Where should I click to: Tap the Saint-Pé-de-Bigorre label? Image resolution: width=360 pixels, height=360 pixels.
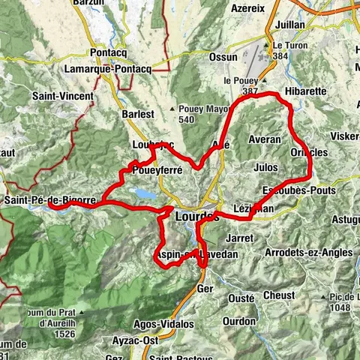coord(49,200)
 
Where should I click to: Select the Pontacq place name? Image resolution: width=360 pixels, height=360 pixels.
coord(111,53)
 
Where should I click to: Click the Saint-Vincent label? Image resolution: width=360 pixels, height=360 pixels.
coord(63,96)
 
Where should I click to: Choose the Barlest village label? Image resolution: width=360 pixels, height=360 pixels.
coord(137,115)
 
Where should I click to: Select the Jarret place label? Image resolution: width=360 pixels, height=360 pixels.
coord(238,237)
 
